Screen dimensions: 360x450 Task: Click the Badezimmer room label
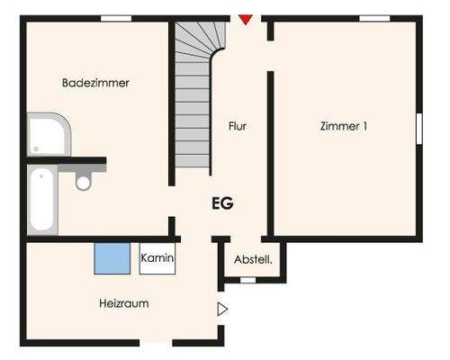pos(95,83)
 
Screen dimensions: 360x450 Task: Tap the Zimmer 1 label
pos(344,127)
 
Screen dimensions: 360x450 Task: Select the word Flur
pos(237,127)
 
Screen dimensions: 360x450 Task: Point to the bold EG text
pos(222,203)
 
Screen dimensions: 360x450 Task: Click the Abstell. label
pos(253,259)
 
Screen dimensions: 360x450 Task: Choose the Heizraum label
pos(123,303)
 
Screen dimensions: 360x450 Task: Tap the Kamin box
pos(157,258)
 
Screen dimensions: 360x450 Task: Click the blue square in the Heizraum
pos(112,258)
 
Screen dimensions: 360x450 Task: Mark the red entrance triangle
pos(246,19)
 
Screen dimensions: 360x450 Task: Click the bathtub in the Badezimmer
pos(42,201)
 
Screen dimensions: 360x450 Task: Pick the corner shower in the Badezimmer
pos(47,135)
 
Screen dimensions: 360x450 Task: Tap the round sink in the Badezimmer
pos(84,182)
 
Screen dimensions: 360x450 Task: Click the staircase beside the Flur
pos(193,99)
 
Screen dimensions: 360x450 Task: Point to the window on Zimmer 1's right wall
pos(418,127)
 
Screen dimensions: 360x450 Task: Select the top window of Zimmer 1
pos(373,18)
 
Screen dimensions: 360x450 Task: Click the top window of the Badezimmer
pos(115,18)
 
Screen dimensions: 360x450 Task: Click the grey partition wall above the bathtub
pos(67,162)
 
